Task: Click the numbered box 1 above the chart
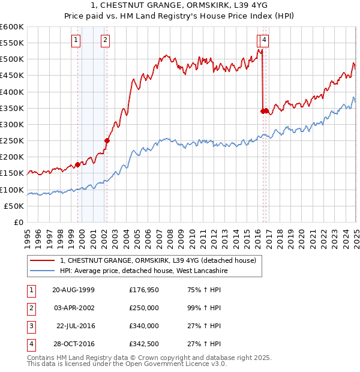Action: point(76,40)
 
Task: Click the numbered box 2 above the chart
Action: point(105,40)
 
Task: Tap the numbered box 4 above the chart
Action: point(265,40)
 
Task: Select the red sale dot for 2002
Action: point(107,141)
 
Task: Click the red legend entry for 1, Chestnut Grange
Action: point(158,260)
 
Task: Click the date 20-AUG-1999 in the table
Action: point(74,291)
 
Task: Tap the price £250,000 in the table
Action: point(144,308)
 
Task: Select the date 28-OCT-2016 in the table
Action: point(74,344)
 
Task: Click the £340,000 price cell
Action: point(144,326)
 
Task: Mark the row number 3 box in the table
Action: point(30,326)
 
